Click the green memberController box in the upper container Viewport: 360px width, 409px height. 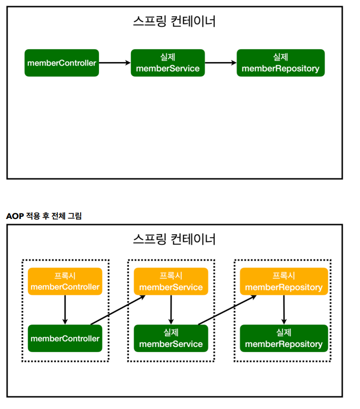pos(62,63)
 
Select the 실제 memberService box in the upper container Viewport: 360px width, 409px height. pos(168,63)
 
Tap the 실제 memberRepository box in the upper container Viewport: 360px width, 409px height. pos(281,63)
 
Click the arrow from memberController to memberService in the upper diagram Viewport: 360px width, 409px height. pos(115,62)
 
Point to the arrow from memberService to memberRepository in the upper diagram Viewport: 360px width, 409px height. pos(221,62)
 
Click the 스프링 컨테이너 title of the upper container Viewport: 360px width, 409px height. pos(174,21)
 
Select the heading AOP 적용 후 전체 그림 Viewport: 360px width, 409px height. pos(44,216)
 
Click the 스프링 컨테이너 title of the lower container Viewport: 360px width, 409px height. pos(174,239)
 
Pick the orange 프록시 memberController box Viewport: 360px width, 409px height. pos(65,281)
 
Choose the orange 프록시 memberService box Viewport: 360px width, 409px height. pos(171,281)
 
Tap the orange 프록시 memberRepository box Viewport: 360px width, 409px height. pos(284,281)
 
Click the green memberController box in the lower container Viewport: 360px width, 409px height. pos(65,338)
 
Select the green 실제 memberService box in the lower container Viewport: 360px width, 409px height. pos(171,338)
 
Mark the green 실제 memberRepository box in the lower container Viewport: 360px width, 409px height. pos(284,338)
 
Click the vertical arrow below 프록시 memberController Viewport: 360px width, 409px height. pos(65,310)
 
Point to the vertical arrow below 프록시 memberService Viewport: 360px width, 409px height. pos(171,310)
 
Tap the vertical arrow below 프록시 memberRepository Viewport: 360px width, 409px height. pos(284,310)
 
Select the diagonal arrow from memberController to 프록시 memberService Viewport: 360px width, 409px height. pos(118,310)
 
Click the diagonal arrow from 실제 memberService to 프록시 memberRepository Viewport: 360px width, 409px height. pos(227,310)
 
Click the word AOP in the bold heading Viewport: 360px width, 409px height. pos(15,216)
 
